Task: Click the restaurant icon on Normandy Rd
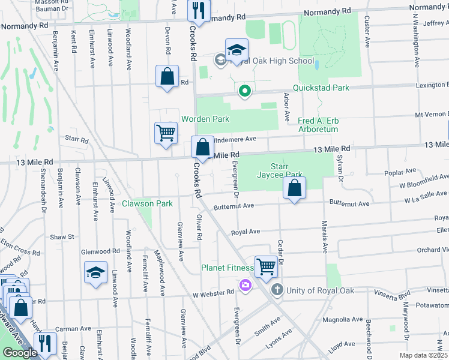pyautogui.click(x=197, y=10)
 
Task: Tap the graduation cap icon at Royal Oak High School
pyautogui.click(x=237, y=49)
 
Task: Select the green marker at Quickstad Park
pyautogui.click(x=244, y=92)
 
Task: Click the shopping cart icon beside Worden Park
pyautogui.click(x=166, y=133)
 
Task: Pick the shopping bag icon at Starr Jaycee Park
pyautogui.click(x=294, y=188)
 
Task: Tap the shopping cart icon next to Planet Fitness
pyautogui.click(x=266, y=265)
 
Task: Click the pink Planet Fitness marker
pyautogui.click(x=245, y=284)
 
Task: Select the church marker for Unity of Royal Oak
pyautogui.click(x=277, y=290)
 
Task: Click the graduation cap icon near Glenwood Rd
pyautogui.click(x=95, y=272)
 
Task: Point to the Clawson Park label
pyautogui.click(x=147, y=203)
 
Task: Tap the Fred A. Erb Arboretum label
pyautogui.click(x=318, y=125)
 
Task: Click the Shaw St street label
pyautogui.click(x=62, y=237)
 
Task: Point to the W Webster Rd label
pyautogui.click(x=213, y=292)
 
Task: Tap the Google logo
pyautogui.click(x=20, y=353)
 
